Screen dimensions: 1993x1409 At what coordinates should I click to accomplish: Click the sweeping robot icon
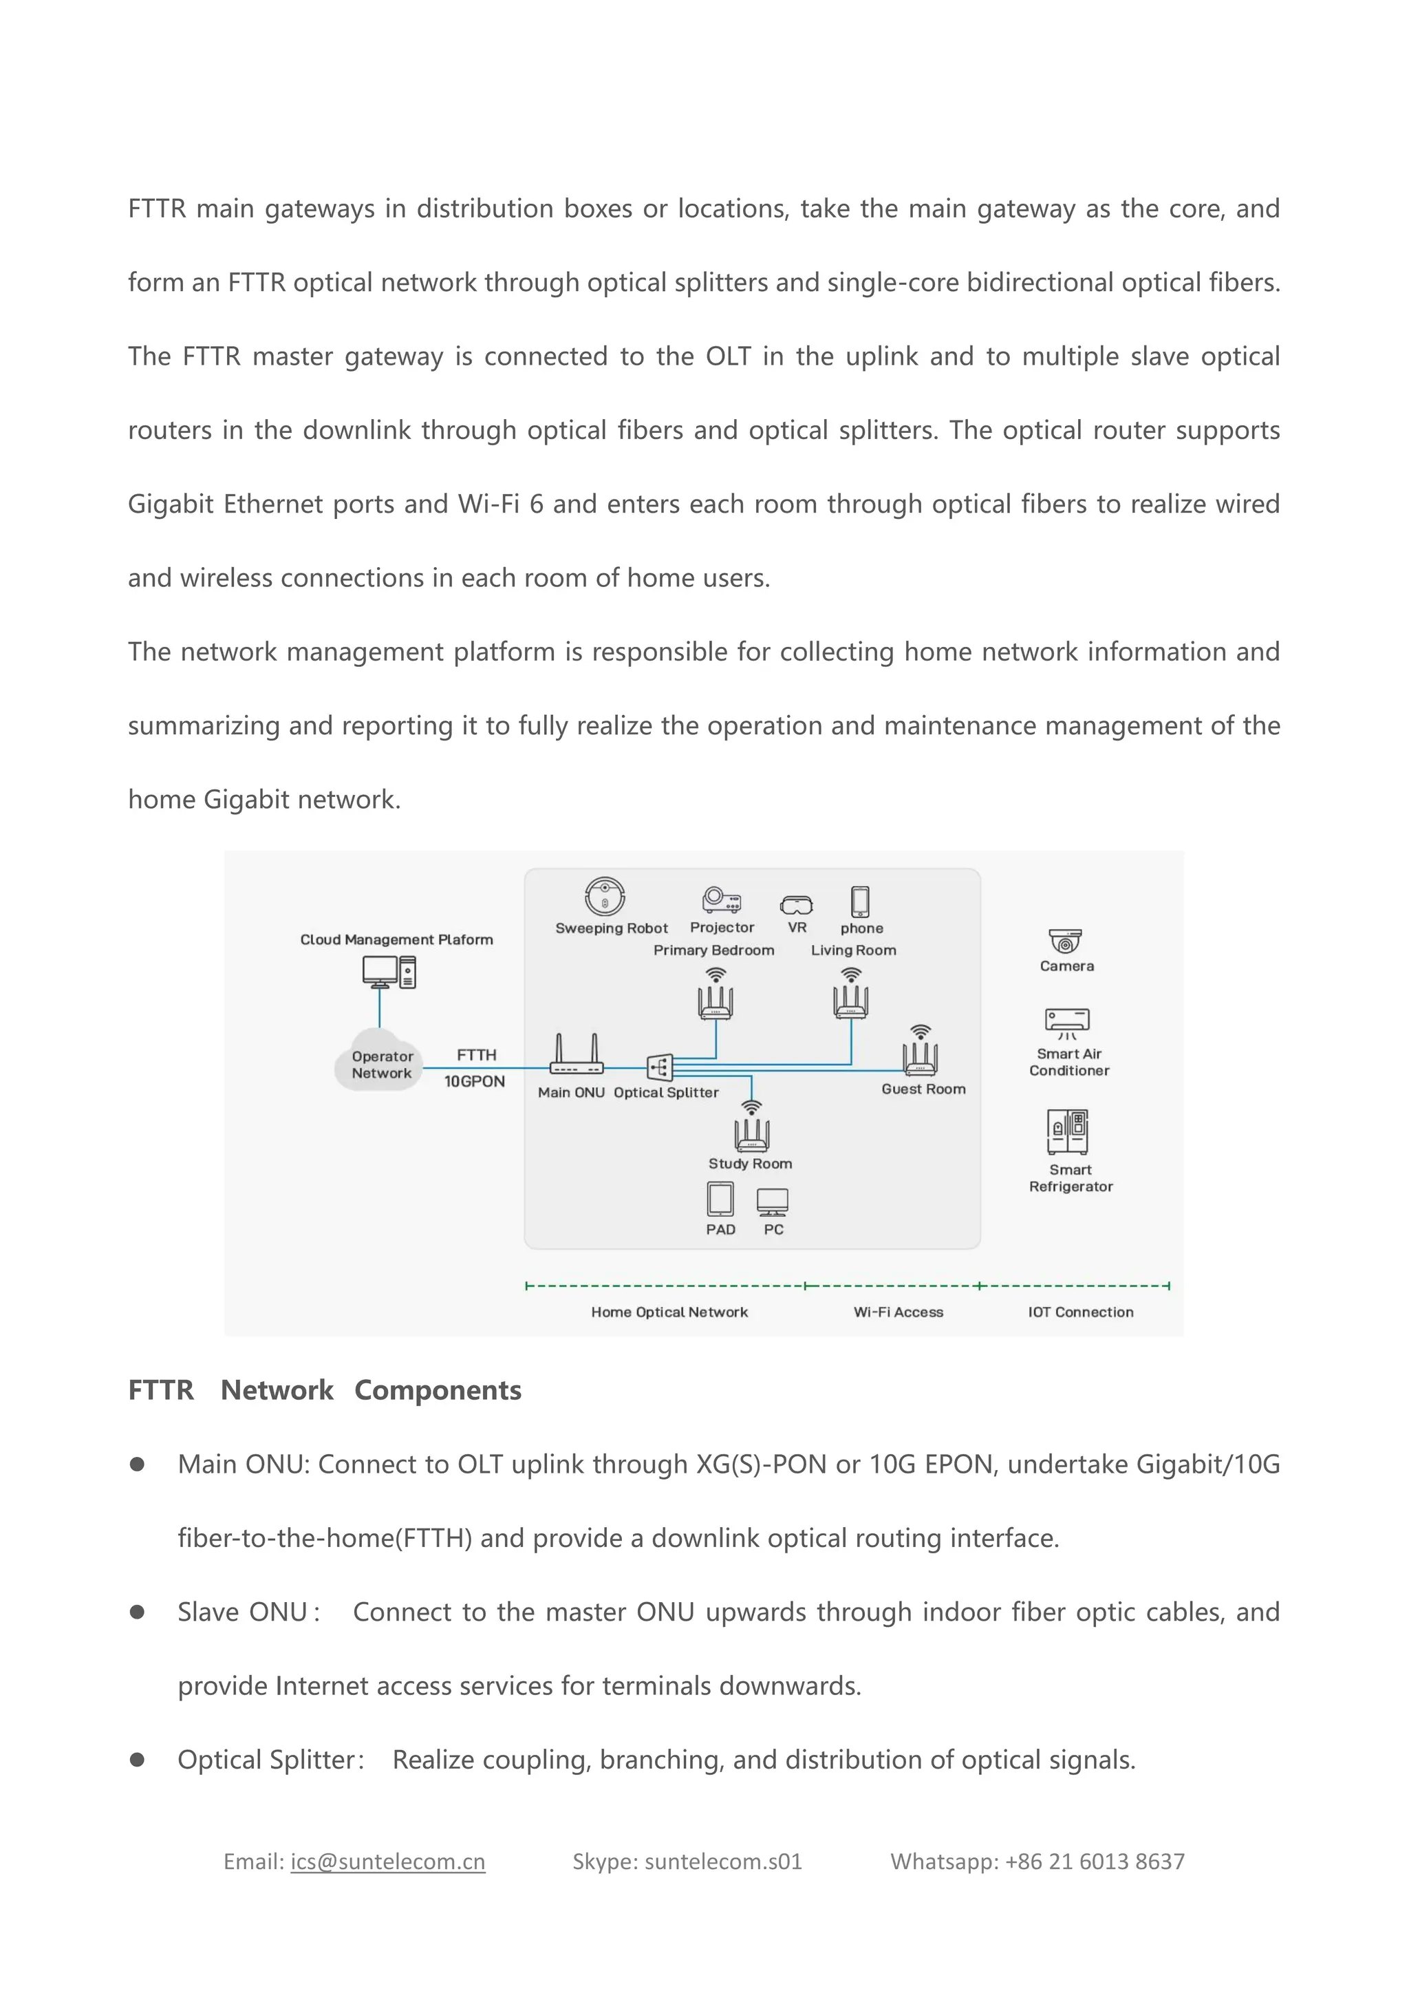tap(605, 896)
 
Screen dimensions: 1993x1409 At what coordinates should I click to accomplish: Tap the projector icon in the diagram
tap(721, 899)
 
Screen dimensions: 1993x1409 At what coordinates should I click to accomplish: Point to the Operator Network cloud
tap(380, 1060)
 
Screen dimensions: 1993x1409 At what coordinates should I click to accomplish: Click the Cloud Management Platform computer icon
tap(389, 972)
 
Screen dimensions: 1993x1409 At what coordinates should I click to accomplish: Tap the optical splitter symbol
tap(659, 1067)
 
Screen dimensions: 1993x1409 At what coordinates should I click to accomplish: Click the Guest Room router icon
tap(920, 1055)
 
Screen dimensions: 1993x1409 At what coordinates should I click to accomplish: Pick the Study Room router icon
tap(751, 1132)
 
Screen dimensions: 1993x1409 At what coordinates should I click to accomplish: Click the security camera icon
tap(1066, 941)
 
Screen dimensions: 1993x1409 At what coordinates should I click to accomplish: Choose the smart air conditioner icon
tap(1067, 1023)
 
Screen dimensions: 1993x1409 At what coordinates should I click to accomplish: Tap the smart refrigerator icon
tap(1067, 1132)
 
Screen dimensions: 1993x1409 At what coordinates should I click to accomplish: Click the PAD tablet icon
tap(720, 1200)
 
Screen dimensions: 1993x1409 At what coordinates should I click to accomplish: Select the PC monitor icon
tap(772, 1202)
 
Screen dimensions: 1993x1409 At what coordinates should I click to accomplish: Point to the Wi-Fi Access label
tap(898, 1312)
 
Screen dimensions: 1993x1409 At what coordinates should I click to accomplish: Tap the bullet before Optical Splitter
tap(137, 1760)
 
